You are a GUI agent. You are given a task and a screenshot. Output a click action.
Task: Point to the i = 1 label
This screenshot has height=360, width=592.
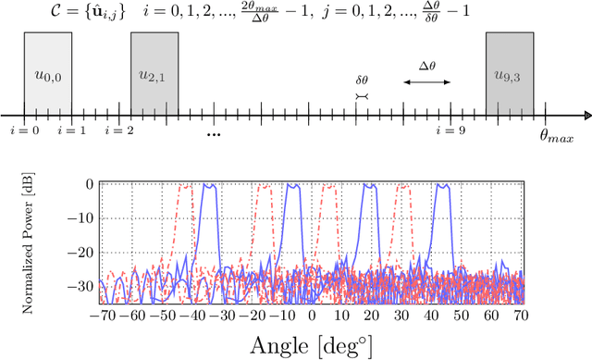[71, 130]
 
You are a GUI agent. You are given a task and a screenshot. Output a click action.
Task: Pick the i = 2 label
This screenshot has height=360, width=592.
[118, 130]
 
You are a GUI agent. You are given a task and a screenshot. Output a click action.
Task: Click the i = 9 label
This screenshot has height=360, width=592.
[450, 130]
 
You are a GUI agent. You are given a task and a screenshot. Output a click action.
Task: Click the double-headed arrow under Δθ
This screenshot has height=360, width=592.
[427, 82]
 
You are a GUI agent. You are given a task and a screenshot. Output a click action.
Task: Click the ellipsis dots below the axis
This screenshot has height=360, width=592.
[214, 135]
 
